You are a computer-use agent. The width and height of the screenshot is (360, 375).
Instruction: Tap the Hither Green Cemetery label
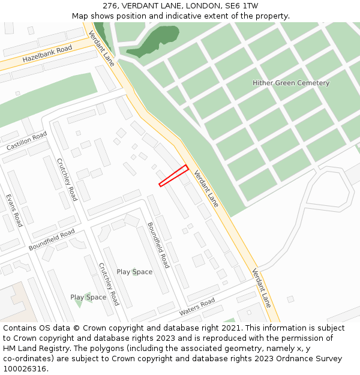291,83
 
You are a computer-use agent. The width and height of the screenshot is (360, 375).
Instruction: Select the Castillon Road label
26,142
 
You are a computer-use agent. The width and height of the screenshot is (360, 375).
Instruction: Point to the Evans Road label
14,210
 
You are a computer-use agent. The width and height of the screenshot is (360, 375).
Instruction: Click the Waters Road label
197,308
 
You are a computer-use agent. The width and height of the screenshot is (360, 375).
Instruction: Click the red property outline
173,176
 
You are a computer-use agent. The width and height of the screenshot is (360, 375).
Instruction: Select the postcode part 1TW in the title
250,6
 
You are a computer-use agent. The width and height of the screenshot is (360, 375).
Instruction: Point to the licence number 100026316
25,369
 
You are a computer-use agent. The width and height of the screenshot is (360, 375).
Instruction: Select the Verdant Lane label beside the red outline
205,189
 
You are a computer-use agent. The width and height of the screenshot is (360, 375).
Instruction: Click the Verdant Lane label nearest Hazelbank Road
101,48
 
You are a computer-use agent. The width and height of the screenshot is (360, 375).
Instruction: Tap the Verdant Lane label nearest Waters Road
262,287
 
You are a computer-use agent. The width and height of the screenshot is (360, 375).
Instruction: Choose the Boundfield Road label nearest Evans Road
52,239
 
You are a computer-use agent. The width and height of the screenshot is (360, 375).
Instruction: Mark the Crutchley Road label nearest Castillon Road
67,179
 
